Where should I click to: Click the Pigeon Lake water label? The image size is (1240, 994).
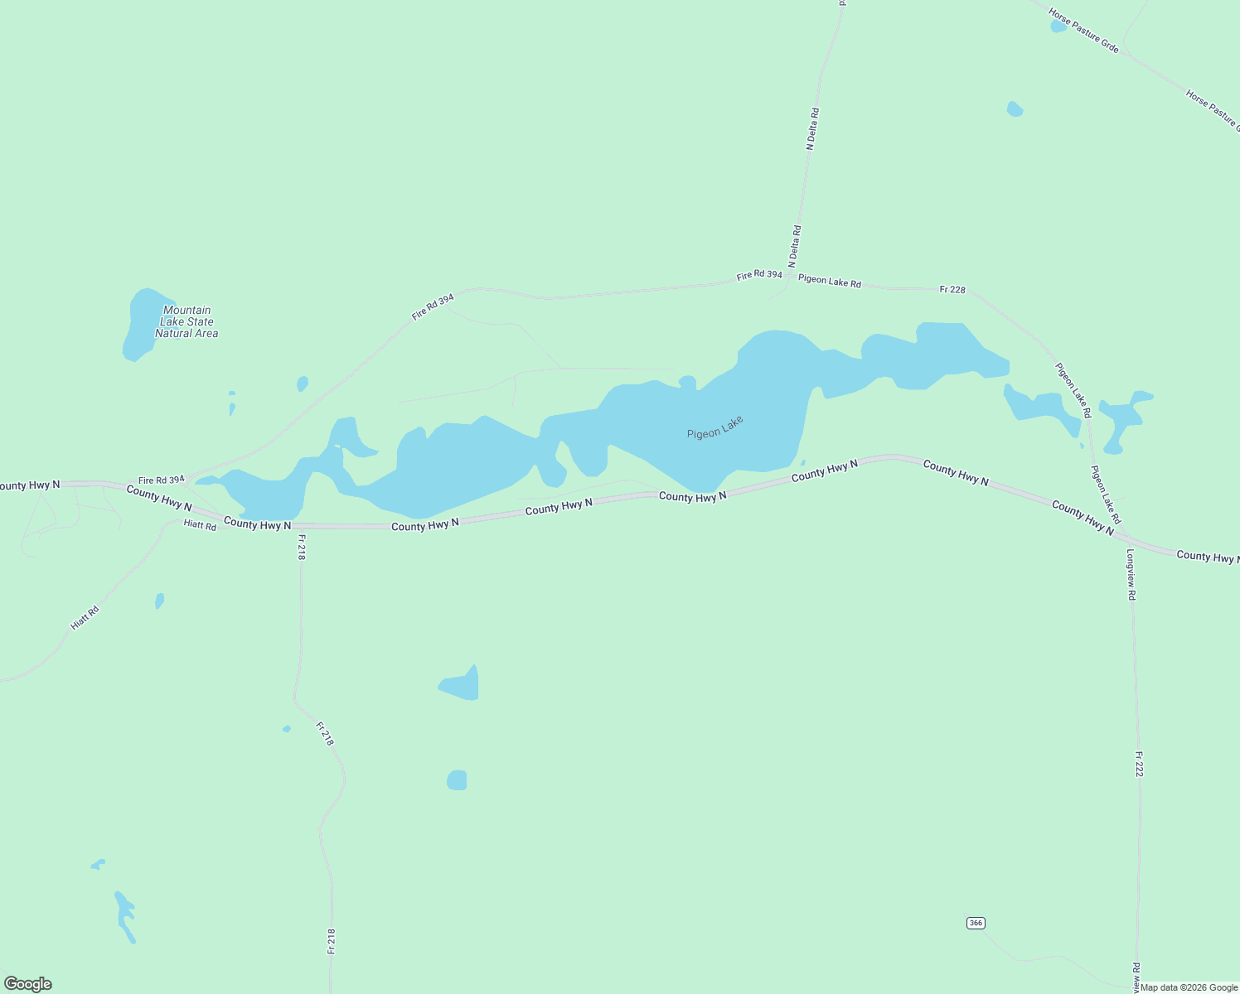pyautogui.click(x=714, y=427)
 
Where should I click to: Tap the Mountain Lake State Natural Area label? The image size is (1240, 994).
pyautogui.click(x=186, y=321)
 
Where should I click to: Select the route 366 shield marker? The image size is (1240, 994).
pyautogui.click(x=976, y=923)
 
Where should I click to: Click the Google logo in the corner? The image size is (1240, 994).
pyautogui.click(x=28, y=984)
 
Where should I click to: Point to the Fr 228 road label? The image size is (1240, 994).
pyautogui.click(x=952, y=289)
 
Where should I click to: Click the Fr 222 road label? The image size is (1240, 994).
pyautogui.click(x=1139, y=764)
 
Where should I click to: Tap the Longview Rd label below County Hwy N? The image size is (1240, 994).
pyautogui.click(x=1130, y=574)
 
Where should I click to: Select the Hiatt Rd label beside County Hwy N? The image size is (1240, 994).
pyautogui.click(x=200, y=525)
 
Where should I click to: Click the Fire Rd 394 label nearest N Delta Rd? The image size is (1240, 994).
pyautogui.click(x=759, y=275)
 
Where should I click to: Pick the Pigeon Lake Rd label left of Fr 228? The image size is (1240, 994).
pyautogui.click(x=829, y=282)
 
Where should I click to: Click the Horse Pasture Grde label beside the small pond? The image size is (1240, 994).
pyautogui.click(x=1083, y=31)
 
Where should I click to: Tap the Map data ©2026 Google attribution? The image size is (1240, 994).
pyautogui.click(x=1189, y=987)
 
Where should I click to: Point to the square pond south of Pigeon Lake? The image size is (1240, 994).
pyautogui.click(x=457, y=780)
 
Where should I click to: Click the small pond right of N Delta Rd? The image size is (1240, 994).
pyautogui.click(x=1015, y=109)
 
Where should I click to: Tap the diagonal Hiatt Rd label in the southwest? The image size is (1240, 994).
pyautogui.click(x=85, y=618)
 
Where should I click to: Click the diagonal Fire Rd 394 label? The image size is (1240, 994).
pyautogui.click(x=433, y=306)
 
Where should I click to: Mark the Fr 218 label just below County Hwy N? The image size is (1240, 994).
pyautogui.click(x=301, y=547)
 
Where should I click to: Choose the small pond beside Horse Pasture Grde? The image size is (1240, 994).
pyautogui.click(x=1058, y=26)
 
